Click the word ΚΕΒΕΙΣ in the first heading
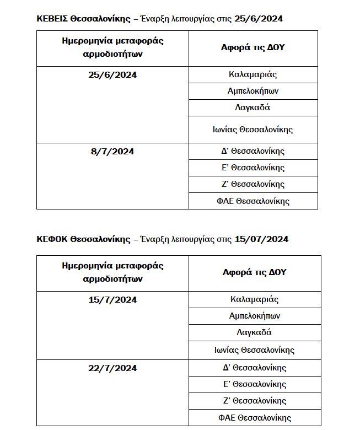(52, 18)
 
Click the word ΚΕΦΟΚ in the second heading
(52, 239)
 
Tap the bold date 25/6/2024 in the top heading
(259, 18)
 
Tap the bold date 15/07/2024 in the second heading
(261, 239)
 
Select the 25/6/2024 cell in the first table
(113, 74)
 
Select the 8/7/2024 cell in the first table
(112, 151)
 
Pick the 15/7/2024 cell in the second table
(112, 300)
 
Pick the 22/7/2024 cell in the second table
(112, 368)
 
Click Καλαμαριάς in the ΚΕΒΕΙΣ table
(253, 74)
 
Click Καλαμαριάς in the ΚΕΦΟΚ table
(254, 299)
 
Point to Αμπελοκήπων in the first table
(253, 91)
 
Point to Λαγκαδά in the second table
(254, 332)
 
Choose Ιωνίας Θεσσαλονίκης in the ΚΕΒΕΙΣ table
(253, 130)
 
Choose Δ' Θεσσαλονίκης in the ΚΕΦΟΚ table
(254, 368)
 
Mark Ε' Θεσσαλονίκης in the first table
(253, 168)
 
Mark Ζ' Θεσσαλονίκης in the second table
(254, 401)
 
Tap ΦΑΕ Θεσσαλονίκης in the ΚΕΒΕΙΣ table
(253, 201)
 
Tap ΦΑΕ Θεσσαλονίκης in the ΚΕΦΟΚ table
(254, 417)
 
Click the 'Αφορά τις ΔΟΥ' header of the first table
(253, 47)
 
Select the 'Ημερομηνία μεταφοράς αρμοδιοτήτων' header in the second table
(112, 272)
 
